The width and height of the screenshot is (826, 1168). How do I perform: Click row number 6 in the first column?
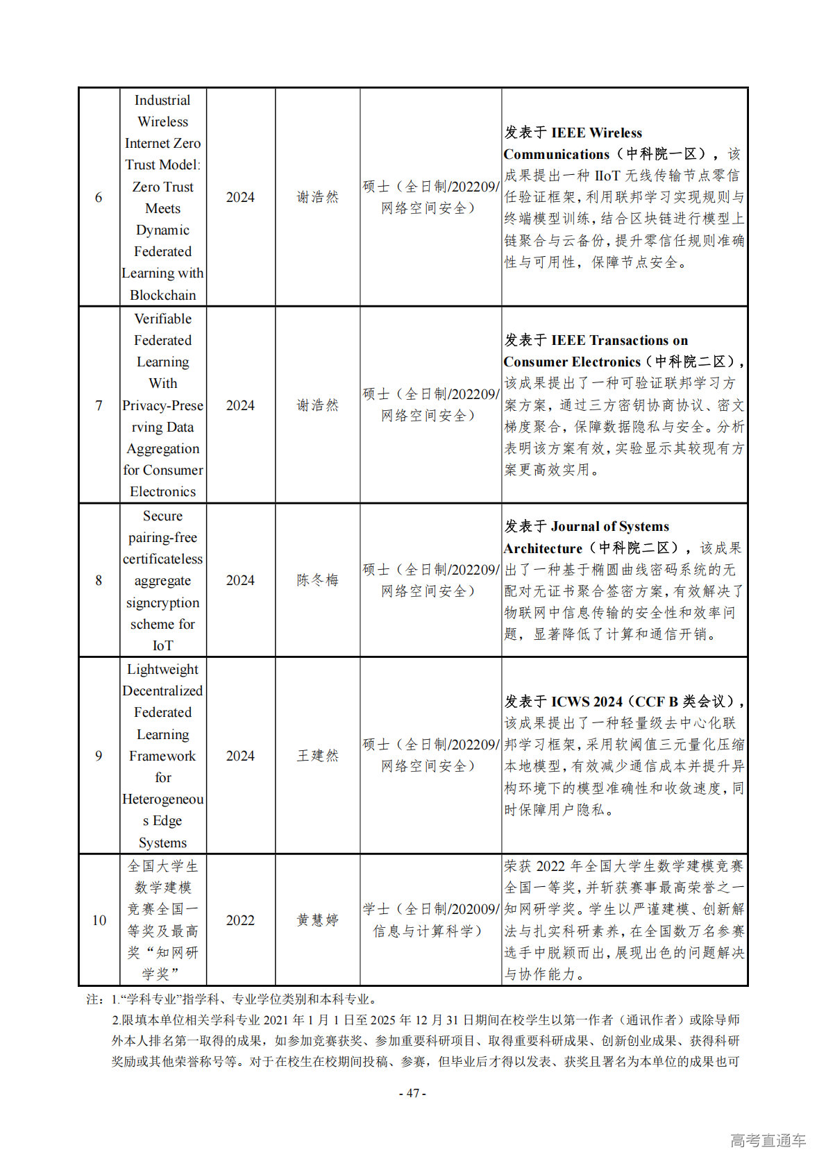99,198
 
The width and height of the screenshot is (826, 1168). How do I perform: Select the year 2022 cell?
240,920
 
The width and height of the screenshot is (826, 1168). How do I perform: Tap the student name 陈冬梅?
317,580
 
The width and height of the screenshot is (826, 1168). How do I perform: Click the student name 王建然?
317,756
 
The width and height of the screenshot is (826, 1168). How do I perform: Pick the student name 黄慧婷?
317,920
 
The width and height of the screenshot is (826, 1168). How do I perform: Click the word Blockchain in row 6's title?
163,295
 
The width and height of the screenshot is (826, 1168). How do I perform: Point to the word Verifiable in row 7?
163,319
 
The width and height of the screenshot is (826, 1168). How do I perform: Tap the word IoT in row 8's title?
163,645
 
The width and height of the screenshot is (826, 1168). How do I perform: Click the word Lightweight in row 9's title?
163,669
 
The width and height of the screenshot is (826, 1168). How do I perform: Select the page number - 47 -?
412,1093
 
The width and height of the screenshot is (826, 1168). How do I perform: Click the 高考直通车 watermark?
768,1140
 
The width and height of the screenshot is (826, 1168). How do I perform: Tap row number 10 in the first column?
99,920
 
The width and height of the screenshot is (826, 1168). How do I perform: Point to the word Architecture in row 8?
543,548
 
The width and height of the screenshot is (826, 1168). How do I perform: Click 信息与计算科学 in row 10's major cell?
423,931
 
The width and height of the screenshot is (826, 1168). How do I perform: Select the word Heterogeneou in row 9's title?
163,799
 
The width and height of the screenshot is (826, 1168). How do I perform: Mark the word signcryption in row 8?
163,602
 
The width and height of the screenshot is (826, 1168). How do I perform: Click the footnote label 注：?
94,999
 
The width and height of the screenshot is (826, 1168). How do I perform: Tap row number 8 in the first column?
99,580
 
